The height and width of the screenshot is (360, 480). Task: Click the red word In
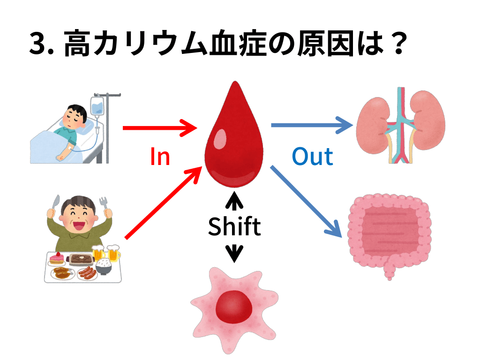click(x=160, y=157)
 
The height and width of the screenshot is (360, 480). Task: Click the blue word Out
click(x=312, y=157)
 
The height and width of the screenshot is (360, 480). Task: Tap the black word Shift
click(x=234, y=226)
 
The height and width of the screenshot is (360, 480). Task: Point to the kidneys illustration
click(x=401, y=124)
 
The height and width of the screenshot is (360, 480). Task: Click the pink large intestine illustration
click(x=389, y=232)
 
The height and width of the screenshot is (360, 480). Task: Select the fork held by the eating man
click(x=104, y=206)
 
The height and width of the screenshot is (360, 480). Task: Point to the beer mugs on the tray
click(x=107, y=254)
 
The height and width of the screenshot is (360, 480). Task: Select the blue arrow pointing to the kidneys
click(x=311, y=125)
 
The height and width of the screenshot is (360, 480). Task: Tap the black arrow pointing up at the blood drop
click(x=234, y=200)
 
